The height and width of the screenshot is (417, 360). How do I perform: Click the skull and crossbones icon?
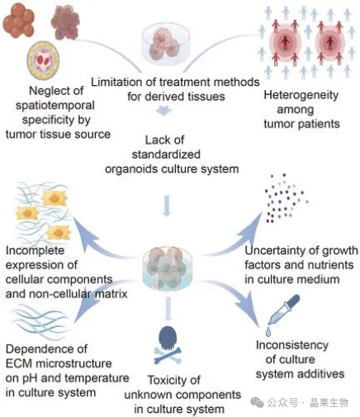tap(168, 345)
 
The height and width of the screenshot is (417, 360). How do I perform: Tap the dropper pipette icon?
tap(283, 310)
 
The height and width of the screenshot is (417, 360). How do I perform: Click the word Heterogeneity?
tap(301, 95)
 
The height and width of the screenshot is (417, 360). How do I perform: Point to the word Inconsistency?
tap(292, 345)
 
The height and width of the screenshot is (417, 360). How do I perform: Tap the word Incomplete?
tap(35, 250)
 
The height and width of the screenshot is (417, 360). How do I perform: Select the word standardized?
tap(166, 154)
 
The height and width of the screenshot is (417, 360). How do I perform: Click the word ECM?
tap(19, 363)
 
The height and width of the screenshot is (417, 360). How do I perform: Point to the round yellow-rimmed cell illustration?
tap(43, 60)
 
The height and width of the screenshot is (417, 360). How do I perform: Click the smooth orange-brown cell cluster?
tap(19, 20)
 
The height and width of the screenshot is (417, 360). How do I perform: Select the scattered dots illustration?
tap(286, 198)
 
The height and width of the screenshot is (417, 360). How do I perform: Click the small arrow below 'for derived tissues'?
tap(163, 111)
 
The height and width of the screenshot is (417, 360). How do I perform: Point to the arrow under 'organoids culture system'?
tap(167, 206)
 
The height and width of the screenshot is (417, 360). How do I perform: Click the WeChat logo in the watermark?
tap(257, 402)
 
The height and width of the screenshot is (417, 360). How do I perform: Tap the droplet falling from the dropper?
tap(268, 332)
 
